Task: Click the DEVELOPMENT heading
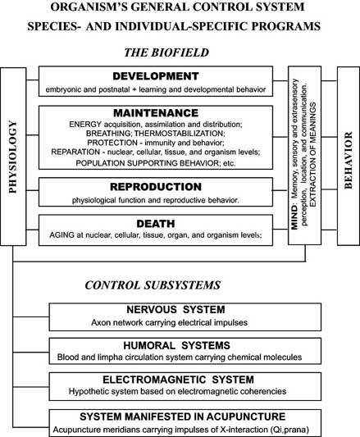point(156,76)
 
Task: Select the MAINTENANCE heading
point(156,113)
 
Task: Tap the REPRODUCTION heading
point(156,187)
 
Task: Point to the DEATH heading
point(156,224)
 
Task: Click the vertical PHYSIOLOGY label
point(13,157)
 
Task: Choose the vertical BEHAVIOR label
point(349,160)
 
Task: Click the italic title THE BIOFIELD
point(166,52)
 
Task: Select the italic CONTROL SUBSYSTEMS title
point(153,285)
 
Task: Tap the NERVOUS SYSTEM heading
point(175,310)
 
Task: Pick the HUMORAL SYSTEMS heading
point(177,346)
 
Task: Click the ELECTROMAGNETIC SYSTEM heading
point(179,380)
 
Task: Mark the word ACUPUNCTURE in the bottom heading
point(246,417)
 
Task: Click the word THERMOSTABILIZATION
point(179,133)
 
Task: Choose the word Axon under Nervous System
point(98,323)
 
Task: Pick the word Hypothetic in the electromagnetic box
point(84,391)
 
